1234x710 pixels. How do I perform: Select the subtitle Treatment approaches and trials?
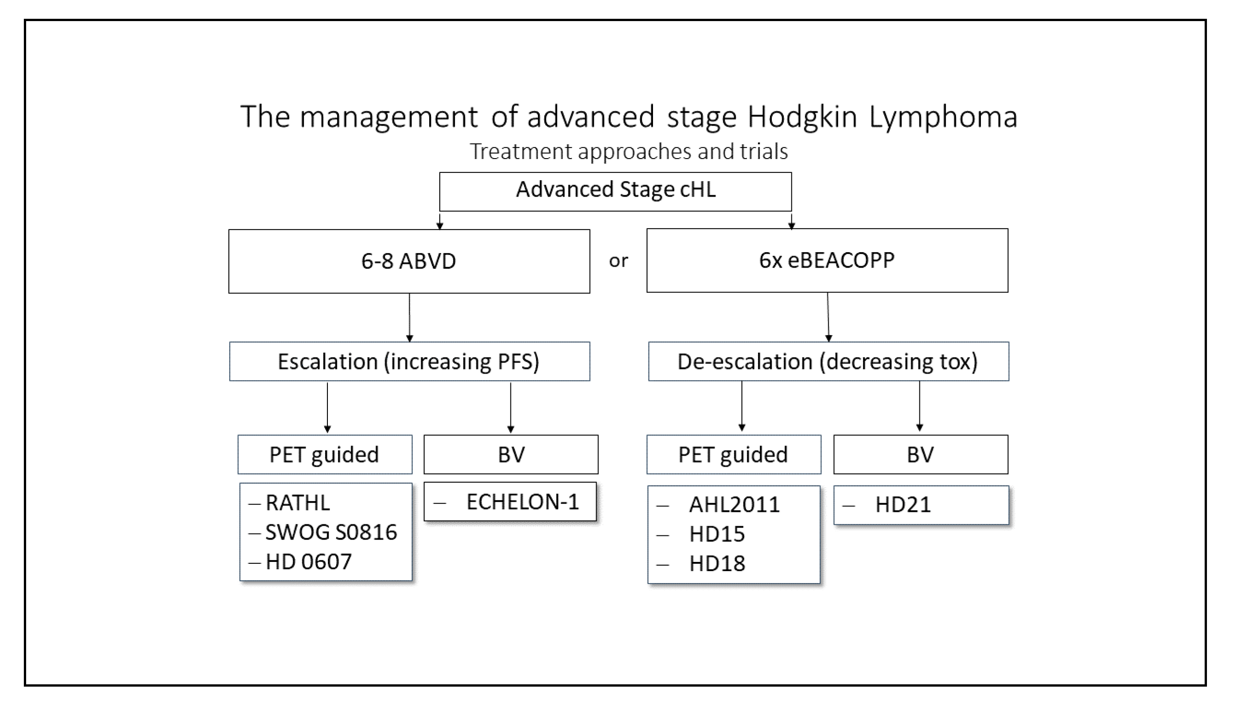(x=628, y=151)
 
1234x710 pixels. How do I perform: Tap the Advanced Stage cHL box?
(x=615, y=191)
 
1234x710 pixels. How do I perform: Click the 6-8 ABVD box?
(x=409, y=261)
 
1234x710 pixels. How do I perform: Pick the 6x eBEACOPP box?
(x=827, y=260)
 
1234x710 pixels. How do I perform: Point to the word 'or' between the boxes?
(x=618, y=261)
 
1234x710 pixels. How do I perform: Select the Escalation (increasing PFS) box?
(x=409, y=361)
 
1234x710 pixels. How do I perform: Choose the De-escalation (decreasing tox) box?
(x=828, y=361)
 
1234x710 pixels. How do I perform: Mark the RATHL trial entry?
(x=298, y=503)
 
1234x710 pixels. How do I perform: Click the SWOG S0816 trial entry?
(x=331, y=532)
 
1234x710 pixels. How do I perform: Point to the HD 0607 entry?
(x=308, y=562)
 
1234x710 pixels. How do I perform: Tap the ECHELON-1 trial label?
(x=522, y=502)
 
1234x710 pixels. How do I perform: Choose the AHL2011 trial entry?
(x=734, y=505)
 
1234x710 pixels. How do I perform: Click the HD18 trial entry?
(x=717, y=564)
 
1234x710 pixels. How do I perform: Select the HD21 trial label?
(x=903, y=505)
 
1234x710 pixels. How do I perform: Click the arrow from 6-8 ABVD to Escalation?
(x=409, y=317)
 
